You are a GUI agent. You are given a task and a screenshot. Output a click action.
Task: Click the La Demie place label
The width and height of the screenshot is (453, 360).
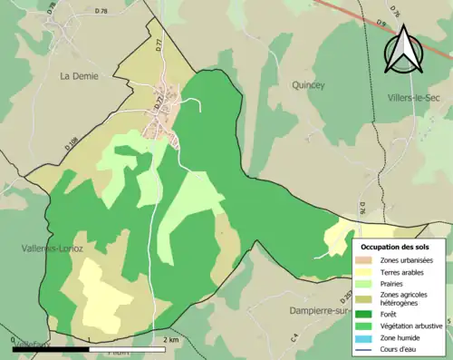coord(79,77)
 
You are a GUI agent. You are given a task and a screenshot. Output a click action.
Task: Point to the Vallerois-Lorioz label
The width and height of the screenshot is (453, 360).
coord(53,248)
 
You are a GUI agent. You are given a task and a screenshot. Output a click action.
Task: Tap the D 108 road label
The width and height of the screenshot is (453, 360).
coord(72,142)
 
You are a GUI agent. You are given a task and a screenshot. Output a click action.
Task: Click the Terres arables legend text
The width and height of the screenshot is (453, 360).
coord(405,272)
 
